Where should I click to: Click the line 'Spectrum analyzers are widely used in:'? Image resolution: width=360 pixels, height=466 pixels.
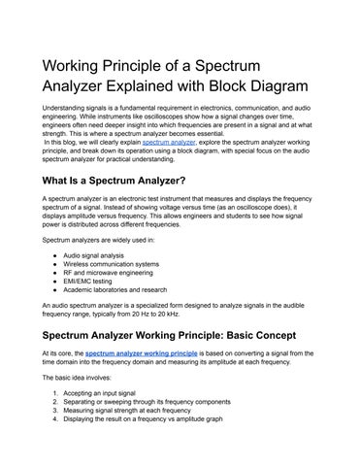tap(102, 237)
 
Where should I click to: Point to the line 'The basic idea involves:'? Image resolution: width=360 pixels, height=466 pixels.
tap(80, 376)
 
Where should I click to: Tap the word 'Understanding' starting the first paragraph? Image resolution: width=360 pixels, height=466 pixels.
tap(64, 107)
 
